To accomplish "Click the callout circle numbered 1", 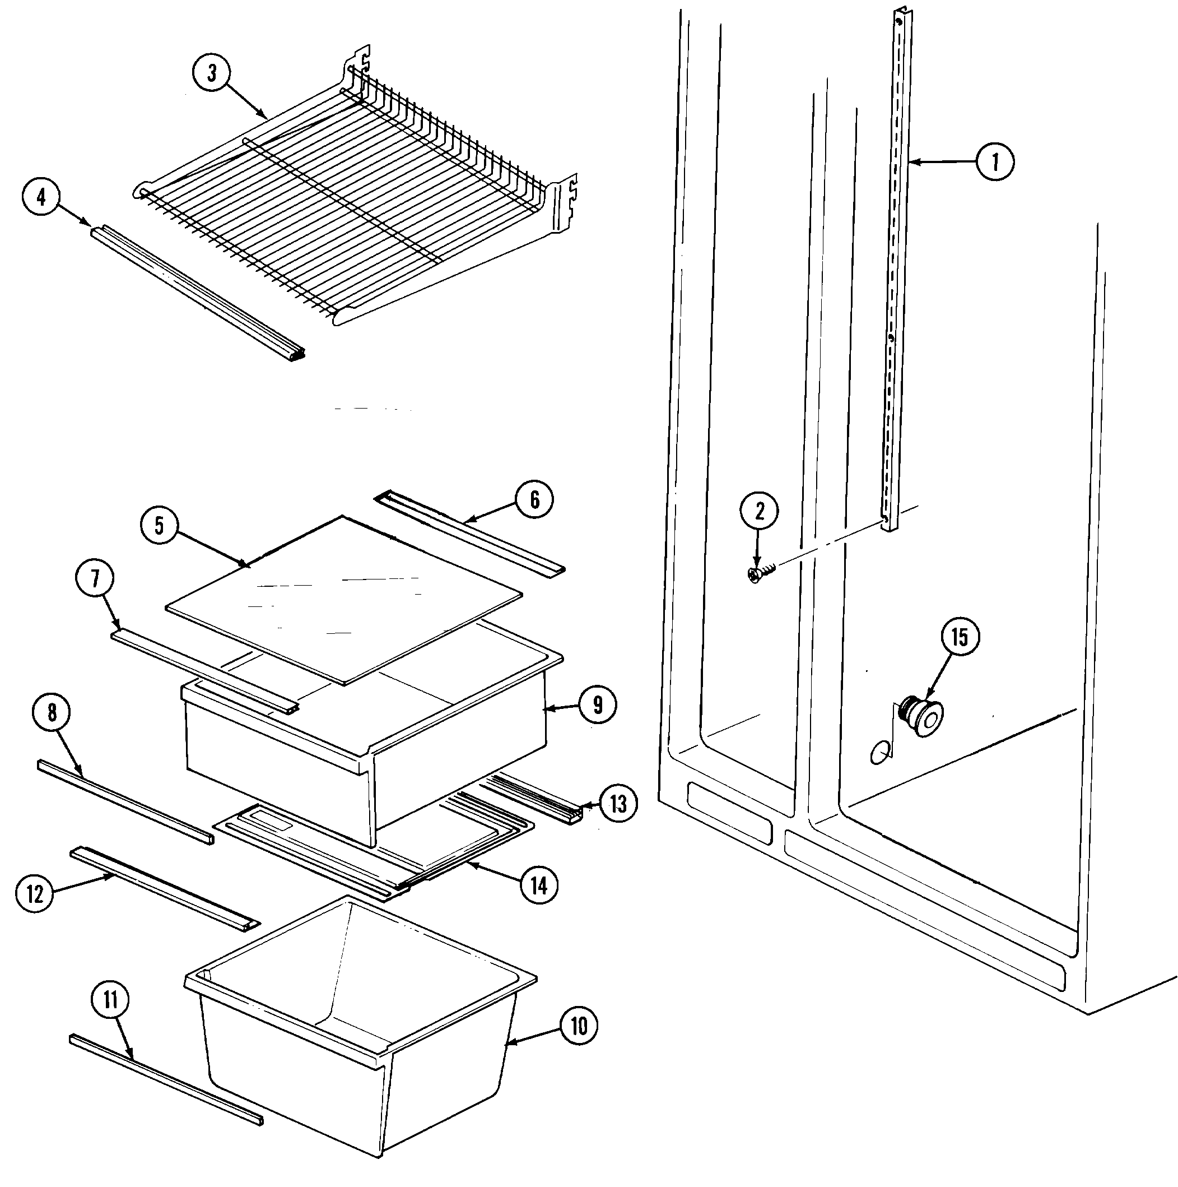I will [x=994, y=162].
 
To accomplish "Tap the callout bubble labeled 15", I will [x=960, y=637].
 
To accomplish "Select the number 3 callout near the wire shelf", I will [x=211, y=73].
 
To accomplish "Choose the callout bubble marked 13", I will [x=618, y=803].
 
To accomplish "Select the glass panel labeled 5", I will [x=344, y=599].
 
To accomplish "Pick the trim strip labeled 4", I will [x=197, y=292].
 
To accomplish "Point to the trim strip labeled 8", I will [x=126, y=802].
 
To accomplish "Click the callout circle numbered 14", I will [x=539, y=885].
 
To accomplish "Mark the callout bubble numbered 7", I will [x=95, y=578].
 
